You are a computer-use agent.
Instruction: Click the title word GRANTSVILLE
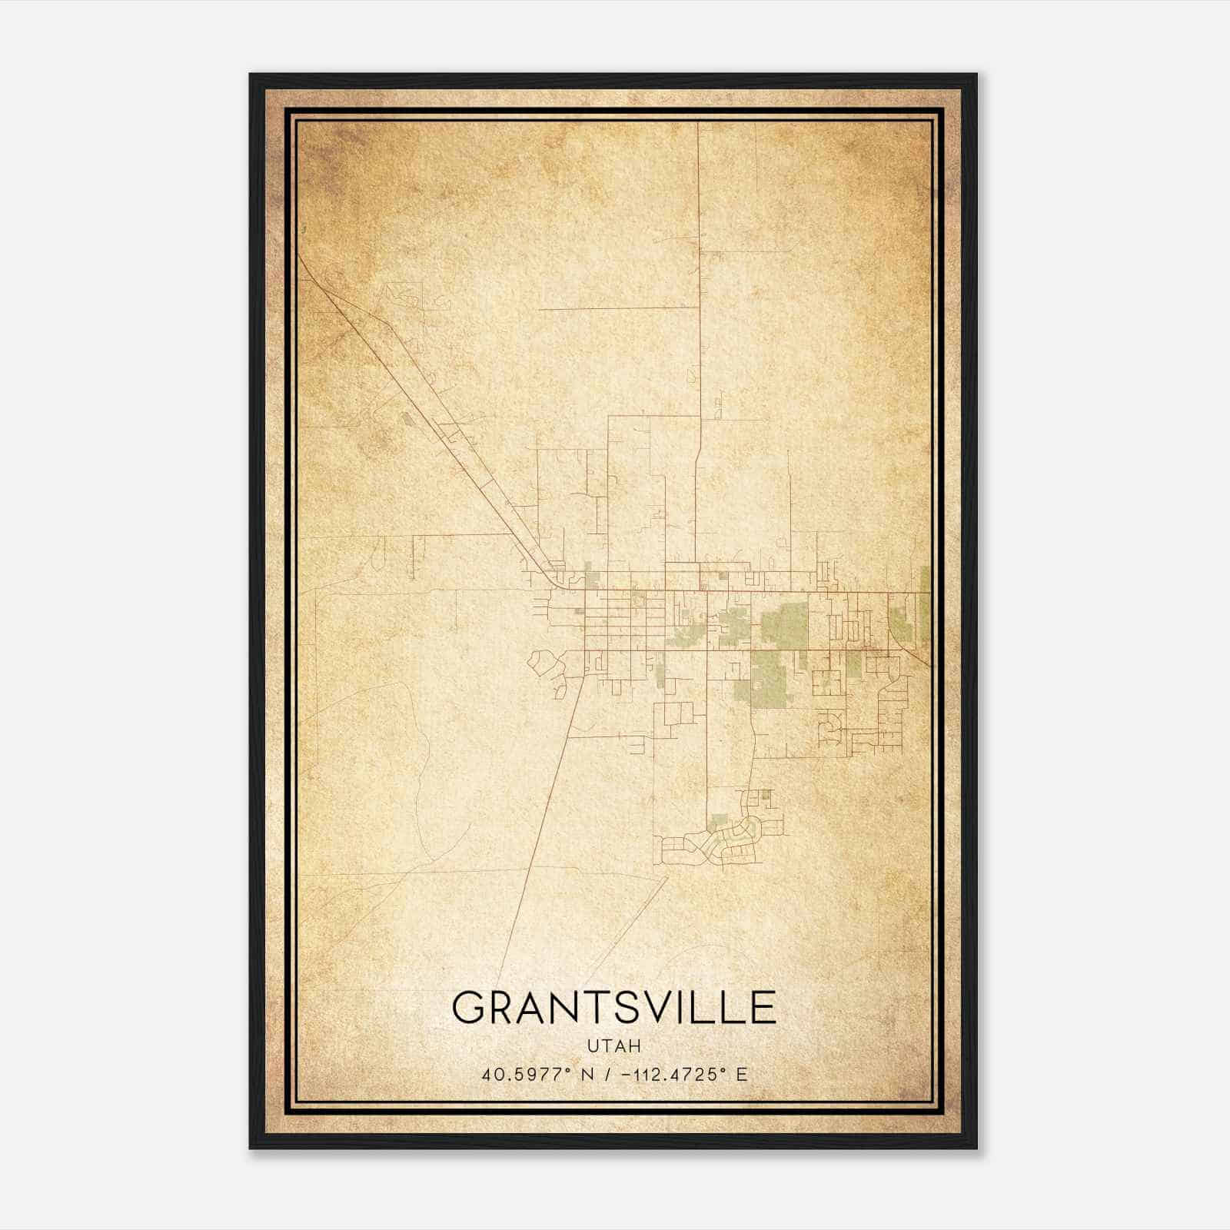tap(613, 1008)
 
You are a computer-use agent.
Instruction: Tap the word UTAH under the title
tap(613, 1046)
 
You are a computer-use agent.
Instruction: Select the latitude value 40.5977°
tap(530, 1075)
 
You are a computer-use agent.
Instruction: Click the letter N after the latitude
tap(587, 1075)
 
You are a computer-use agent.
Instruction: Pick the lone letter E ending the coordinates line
tap(741, 1075)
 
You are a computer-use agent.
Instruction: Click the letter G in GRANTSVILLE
tap(470, 1008)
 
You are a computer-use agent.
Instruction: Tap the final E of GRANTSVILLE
tap(762, 1008)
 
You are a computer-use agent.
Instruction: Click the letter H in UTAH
tap(635, 1046)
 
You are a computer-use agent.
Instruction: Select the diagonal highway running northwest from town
tap(430, 415)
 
